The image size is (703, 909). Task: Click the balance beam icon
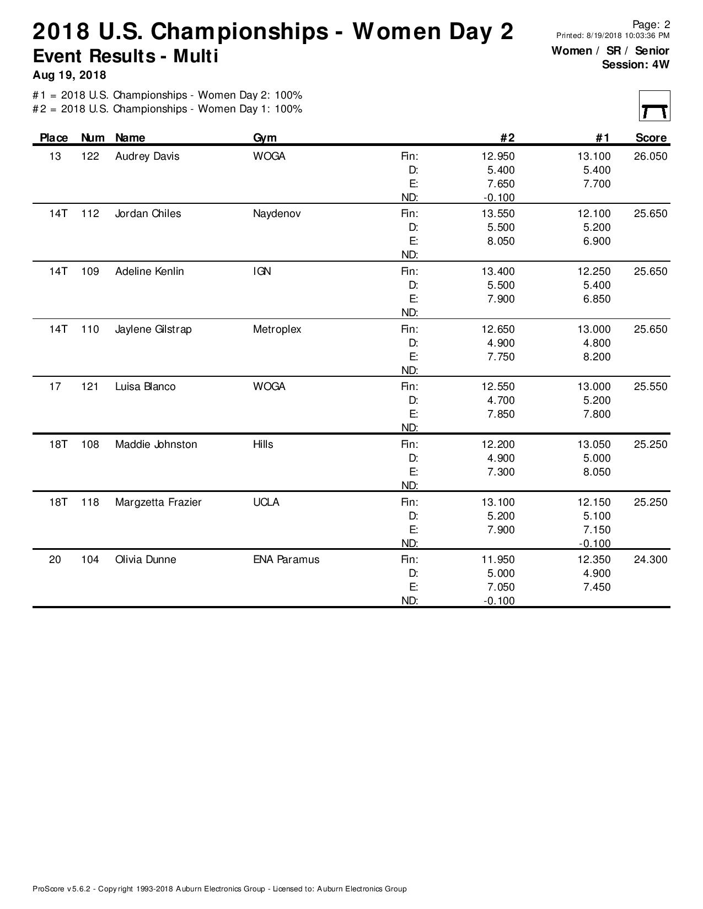[654, 106]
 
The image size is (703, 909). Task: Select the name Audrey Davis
[147, 156]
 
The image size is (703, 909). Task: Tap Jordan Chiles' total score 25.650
[650, 214]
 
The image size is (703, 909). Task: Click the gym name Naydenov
[277, 214]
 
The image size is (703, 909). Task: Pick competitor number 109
[90, 272]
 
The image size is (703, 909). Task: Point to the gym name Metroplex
[277, 329]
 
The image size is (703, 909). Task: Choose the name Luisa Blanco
[145, 387]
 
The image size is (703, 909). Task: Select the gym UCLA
[266, 502]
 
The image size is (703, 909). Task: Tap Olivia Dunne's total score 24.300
[650, 560]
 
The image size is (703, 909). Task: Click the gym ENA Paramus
[286, 560]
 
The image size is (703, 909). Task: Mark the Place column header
[54, 138]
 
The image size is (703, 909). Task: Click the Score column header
[651, 138]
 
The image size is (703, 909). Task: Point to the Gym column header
[265, 138]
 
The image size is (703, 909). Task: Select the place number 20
[55, 560]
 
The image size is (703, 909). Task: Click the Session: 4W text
[635, 64]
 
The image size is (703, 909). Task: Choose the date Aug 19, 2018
[69, 75]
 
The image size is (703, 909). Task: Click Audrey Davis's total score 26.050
[650, 156]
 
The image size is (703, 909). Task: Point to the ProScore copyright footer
[219, 889]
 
